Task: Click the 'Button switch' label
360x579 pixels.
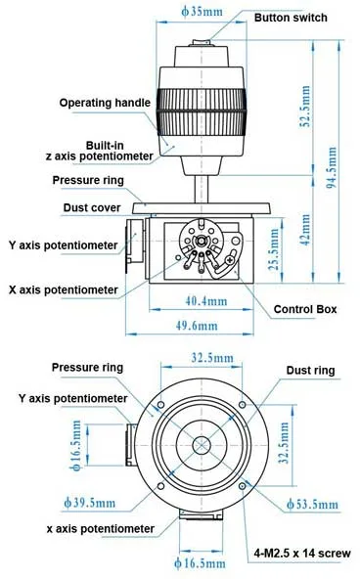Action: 291,18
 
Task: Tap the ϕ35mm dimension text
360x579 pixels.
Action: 202,12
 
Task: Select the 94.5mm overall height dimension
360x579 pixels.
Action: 333,167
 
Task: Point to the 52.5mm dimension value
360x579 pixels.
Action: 306,107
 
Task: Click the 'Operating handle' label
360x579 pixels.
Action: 105,103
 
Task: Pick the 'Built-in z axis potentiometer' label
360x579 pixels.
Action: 100,151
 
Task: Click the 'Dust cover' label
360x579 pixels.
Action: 92,207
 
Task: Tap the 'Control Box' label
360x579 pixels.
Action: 305,309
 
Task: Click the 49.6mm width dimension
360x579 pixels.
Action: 197,326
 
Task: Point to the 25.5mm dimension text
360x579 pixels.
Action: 274,249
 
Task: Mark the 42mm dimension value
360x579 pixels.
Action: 306,230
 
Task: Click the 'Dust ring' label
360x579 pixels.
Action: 310,371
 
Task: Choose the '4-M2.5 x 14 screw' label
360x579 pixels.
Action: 302,554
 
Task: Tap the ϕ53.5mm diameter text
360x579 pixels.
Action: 312,504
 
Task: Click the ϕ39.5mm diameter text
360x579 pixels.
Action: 90,503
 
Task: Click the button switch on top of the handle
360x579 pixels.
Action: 202,43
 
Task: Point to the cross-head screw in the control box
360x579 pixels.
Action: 230,260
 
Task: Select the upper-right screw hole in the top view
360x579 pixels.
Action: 242,405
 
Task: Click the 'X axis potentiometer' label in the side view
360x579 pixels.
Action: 64,289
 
